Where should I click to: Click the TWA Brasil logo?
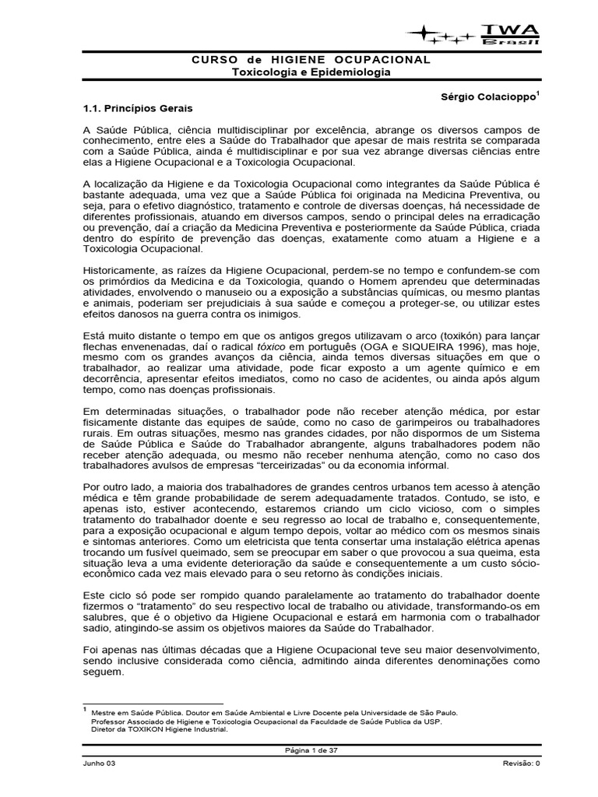[x=476, y=33]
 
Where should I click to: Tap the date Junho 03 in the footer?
[x=99, y=764]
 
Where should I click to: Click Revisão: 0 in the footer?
[x=521, y=764]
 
